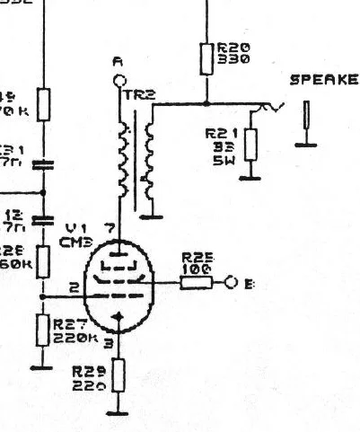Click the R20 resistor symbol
click(x=206, y=58)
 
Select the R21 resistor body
click(x=250, y=144)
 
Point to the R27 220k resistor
click(x=41, y=331)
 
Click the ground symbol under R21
click(x=250, y=177)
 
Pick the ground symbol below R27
click(x=40, y=366)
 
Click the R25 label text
click(x=194, y=256)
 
